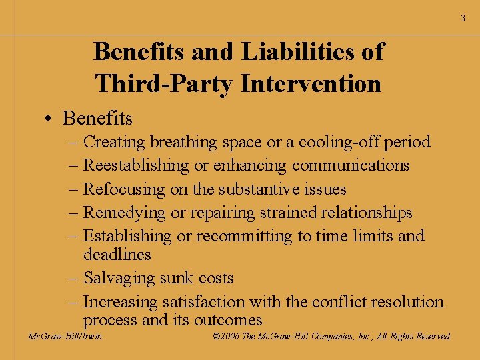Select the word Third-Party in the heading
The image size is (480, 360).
point(163,84)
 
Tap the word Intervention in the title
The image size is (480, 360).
point(311,84)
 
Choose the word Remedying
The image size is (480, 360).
point(123,213)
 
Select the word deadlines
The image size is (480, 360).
point(117,255)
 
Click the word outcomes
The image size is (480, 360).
point(228,320)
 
